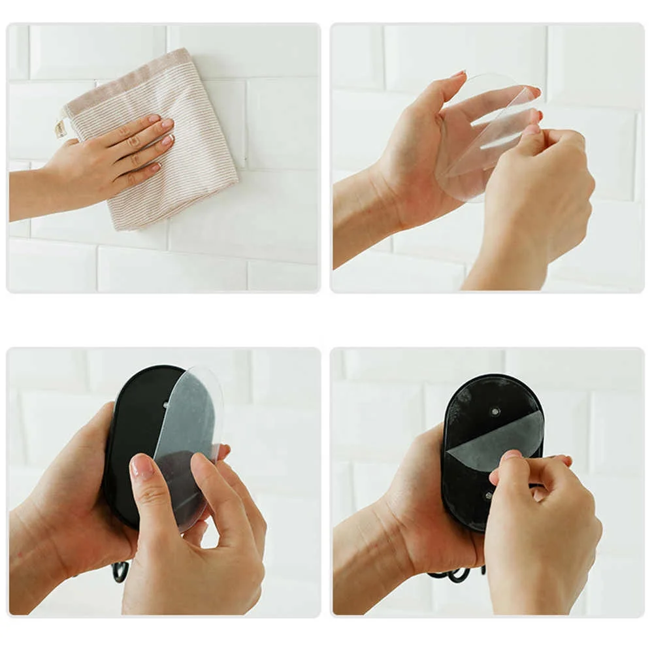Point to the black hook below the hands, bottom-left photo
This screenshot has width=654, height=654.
tap(120, 571)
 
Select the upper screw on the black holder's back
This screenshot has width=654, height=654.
tap(495, 412)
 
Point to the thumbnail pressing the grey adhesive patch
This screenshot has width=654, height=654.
tap(512, 455)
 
